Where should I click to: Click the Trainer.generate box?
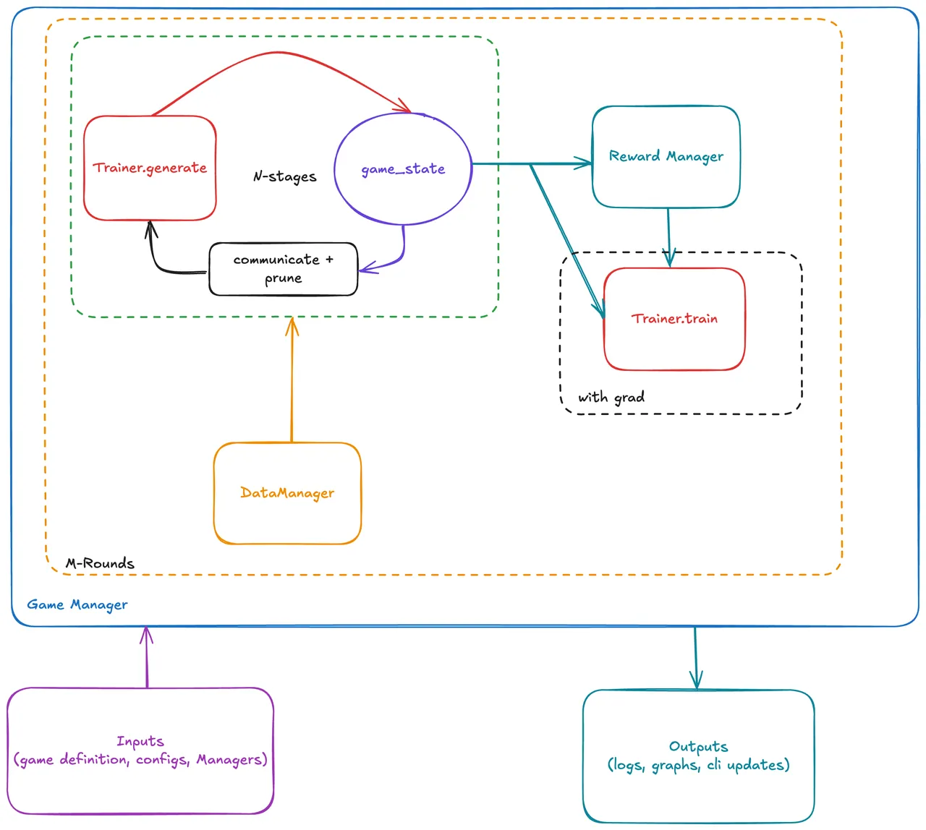point(150,168)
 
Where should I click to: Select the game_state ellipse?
point(403,168)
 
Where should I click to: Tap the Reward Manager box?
point(666,157)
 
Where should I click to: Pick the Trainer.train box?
point(674,319)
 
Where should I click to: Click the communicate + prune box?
point(283,269)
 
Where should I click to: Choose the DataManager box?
point(287,493)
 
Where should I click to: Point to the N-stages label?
point(285,176)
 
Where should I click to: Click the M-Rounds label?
point(100,562)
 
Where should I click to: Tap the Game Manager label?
point(77,605)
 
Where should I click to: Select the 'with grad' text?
point(611,398)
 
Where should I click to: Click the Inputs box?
point(140,750)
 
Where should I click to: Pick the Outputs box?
point(698,756)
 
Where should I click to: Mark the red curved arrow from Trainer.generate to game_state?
point(279,53)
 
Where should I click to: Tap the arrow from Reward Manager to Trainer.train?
point(668,238)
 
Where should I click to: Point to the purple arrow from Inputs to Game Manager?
point(146,657)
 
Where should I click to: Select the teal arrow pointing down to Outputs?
point(695,658)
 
